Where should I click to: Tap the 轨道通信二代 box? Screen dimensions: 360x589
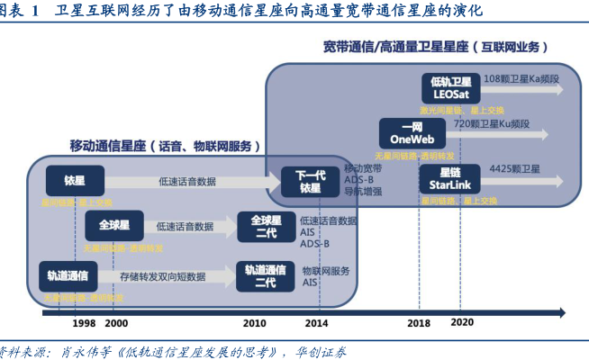[x=265, y=275]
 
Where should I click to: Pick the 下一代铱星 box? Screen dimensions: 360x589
[x=310, y=180]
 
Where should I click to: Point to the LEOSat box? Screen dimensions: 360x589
[x=448, y=87]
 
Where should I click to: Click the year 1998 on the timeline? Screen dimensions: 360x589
[x=84, y=322]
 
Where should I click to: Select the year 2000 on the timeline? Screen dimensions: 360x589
[x=115, y=322]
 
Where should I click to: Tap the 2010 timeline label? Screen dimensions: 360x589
[x=254, y=322]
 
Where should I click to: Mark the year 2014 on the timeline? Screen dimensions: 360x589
[x=317, y=322]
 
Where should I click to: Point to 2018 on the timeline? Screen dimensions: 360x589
[x=419, y=322]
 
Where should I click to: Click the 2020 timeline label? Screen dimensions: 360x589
[x=461, y=321]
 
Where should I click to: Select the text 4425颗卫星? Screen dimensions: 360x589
[x=514, y=168]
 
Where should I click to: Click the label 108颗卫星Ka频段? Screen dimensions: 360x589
[x=521, y=79]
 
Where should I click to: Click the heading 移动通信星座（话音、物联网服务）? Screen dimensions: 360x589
[x=167, y=145]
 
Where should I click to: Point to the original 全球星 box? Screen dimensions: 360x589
[x=113, y=225]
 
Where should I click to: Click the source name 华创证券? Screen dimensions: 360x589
[x=321, y=351]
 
